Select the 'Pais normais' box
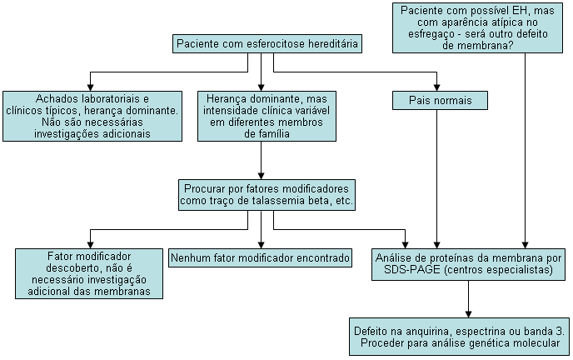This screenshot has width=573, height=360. (x=440, y=101)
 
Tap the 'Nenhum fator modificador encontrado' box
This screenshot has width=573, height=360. (x=261, y=258)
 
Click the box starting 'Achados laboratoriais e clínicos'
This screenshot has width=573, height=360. (x=92, y=116)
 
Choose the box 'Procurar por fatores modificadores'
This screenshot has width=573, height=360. (x=267, y=194)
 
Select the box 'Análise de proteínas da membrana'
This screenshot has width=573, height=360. (x=469, y=263)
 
